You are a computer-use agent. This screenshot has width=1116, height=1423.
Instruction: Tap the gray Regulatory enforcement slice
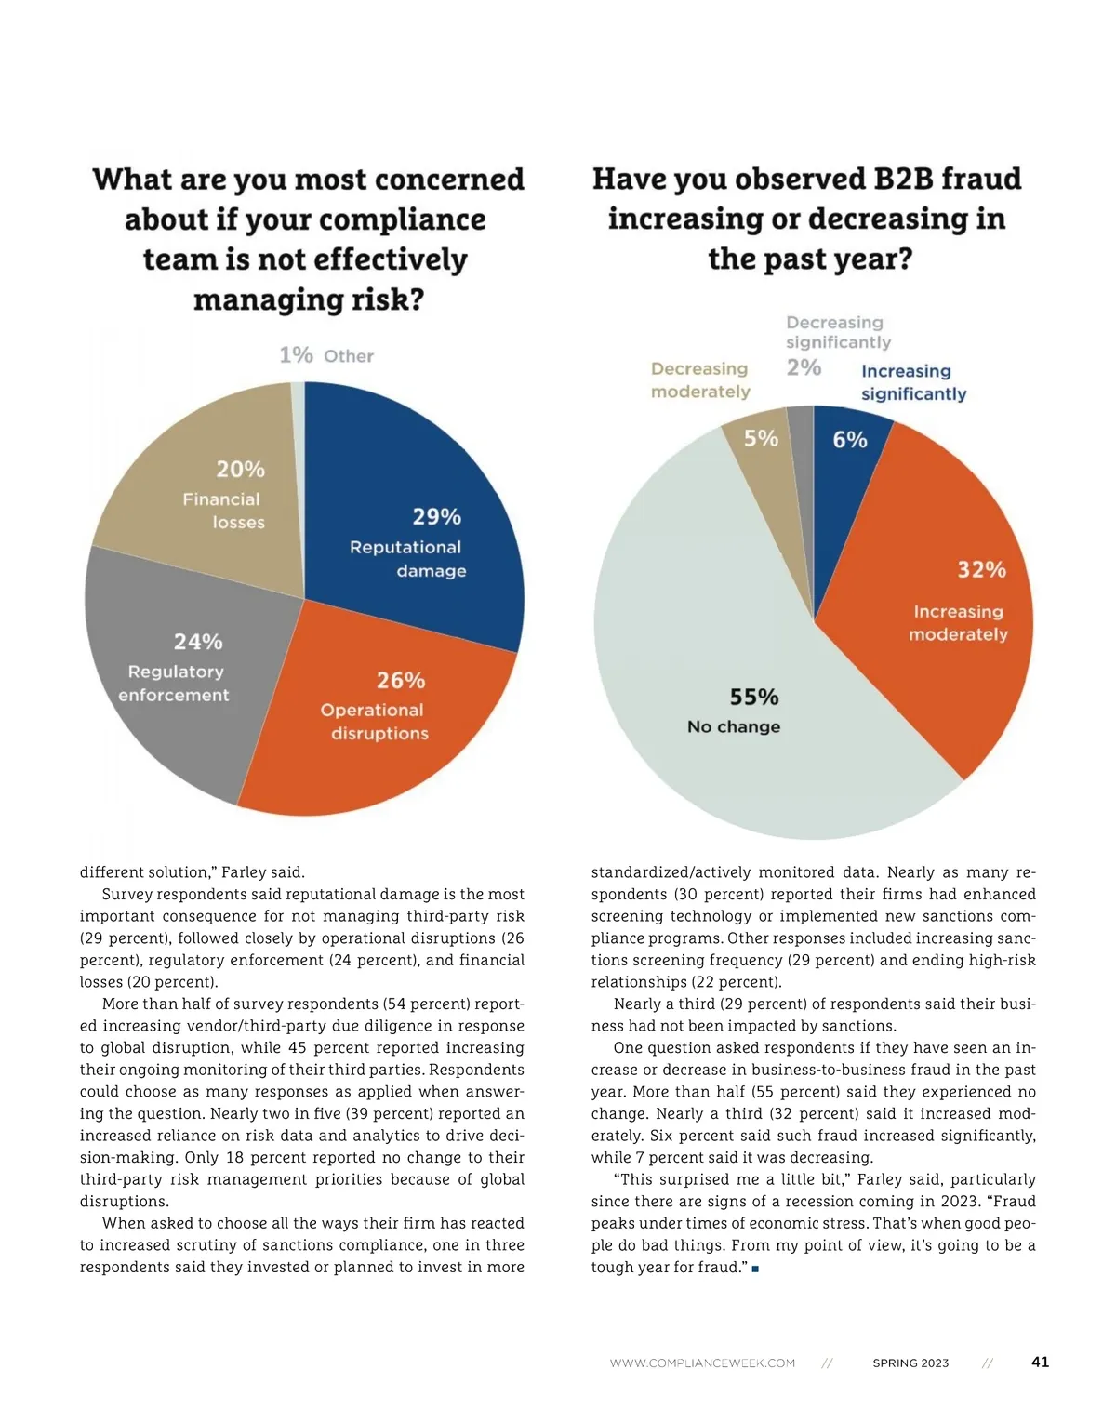177,670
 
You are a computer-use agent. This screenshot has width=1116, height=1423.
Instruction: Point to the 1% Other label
326,355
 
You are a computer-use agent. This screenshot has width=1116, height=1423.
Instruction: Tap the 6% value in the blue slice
850,439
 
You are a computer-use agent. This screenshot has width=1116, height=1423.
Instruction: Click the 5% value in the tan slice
761,438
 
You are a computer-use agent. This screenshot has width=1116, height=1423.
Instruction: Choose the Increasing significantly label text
913,382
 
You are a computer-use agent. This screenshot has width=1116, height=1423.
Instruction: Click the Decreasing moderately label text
700,380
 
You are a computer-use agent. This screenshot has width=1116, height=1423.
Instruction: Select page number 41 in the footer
1040,1362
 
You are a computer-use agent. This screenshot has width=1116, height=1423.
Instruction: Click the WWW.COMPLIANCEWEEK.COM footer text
702,1363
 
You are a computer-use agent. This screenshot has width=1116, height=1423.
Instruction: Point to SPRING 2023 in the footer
910,1363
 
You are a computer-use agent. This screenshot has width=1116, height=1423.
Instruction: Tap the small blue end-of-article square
755,1269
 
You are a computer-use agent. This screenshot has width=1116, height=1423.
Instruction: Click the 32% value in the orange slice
982,569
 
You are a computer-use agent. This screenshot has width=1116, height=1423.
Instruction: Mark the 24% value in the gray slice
198,642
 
